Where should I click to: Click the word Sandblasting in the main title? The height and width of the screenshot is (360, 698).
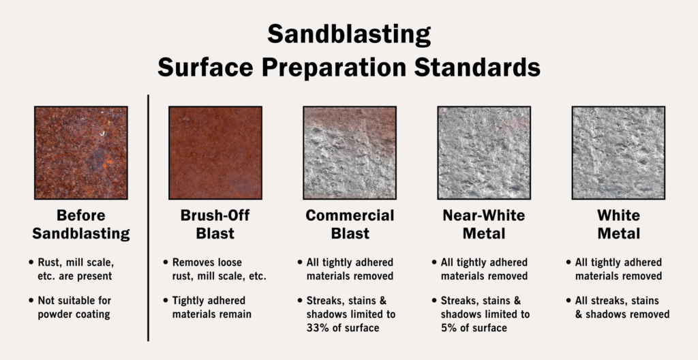click(x=349, y=35)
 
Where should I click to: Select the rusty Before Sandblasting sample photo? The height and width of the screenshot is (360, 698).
click(x=81, y=153)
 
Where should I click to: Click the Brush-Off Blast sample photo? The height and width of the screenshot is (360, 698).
click(x=215, y=153)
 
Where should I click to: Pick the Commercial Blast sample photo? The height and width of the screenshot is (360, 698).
click(x=350, y=153)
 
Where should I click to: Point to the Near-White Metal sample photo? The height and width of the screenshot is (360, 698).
click(x=485, y=153)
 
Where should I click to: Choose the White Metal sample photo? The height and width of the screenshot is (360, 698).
click(x=619, y=153)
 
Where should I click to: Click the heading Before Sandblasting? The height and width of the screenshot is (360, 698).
click(x=81, y=224)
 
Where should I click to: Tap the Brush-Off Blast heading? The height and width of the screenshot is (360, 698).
click(x=215, y=224)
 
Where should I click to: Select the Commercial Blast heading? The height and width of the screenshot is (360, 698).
click(x=350, y=224)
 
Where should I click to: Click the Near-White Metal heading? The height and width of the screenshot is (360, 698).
click(x=485, y=224)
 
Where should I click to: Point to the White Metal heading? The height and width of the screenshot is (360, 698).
click(x=619, y=224)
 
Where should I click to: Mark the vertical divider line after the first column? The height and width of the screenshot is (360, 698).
click(x=148, y=218)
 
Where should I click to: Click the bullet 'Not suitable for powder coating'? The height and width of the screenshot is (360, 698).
click(x=70, y=307)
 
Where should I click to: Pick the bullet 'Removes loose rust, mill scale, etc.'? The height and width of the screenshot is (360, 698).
click(x=215, y=269)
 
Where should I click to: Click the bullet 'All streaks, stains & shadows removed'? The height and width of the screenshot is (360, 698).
click(x=618, y=307)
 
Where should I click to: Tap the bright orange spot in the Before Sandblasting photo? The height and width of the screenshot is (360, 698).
click(x=106, y=165)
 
